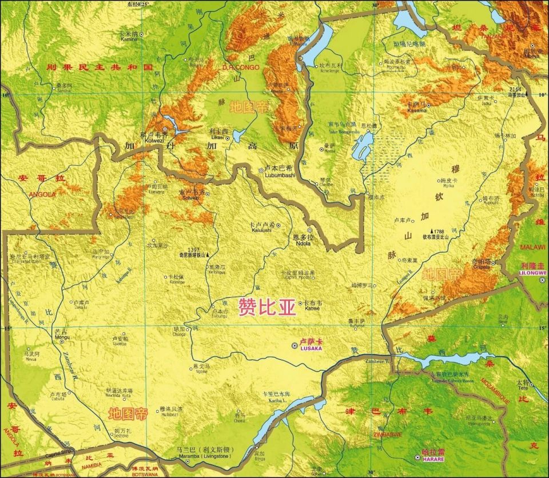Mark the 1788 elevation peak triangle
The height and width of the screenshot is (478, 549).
[x=431, y=231]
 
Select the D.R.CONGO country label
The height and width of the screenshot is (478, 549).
[x=241, y=67]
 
